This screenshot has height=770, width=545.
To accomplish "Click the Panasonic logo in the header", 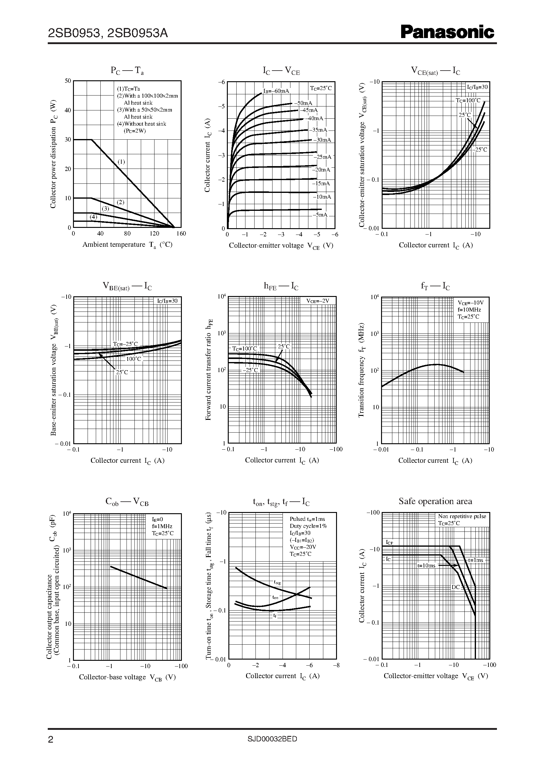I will pyautogui.click(x=447, y=32).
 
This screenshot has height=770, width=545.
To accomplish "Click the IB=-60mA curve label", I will pyautogui.click(x=276, y=91).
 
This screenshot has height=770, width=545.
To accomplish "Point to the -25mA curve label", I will pyautogui.click(x=322, y=157).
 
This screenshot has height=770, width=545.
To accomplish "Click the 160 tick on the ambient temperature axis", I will pyautogui.click(x=181, y=234).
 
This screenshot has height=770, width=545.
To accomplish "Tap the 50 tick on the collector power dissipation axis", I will pyautogui.click(x=68, y=81).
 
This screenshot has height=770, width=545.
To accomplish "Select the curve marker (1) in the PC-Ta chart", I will pyautogui.click(x=121, y=162).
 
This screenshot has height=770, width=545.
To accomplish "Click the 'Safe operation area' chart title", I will pyautogui.click(x=435, y=501).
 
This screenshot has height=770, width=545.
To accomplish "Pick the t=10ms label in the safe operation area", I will pyautogui.click(x=426, y=566).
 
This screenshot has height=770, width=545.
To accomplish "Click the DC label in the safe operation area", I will pyautogui.click(x=455, y=587).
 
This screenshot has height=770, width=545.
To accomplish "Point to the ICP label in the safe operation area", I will pyautogui.click(x=389, y=542).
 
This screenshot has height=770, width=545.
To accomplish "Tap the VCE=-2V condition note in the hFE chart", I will pyautogui.click(x=318, y=301).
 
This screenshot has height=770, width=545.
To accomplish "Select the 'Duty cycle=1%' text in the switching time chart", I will pyautogui.click(x=308, y=526).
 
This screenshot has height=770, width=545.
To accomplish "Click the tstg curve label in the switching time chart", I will pyautogui.click(x=277, y=582).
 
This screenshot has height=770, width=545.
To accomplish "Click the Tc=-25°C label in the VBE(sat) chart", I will pyautogui.click(x=125, y=344).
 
